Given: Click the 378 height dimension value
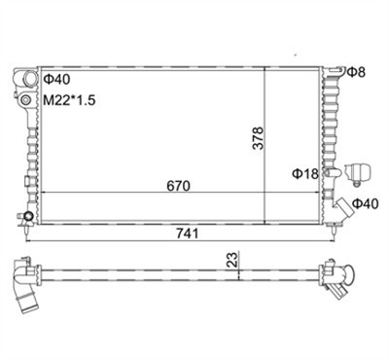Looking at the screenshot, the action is coord(259,138).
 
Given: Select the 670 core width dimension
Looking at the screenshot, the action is coord(178,186).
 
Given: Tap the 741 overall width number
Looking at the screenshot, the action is coord(187,234).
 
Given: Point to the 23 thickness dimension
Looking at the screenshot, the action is coord(232,260).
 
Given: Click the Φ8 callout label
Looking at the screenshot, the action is coord(357,72).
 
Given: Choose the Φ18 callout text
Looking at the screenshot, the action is coord(305,174).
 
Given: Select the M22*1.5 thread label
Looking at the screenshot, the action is coord(69,100).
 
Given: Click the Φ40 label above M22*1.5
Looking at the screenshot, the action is coord(56,79).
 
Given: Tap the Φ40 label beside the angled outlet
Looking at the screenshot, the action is coord(366,203).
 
